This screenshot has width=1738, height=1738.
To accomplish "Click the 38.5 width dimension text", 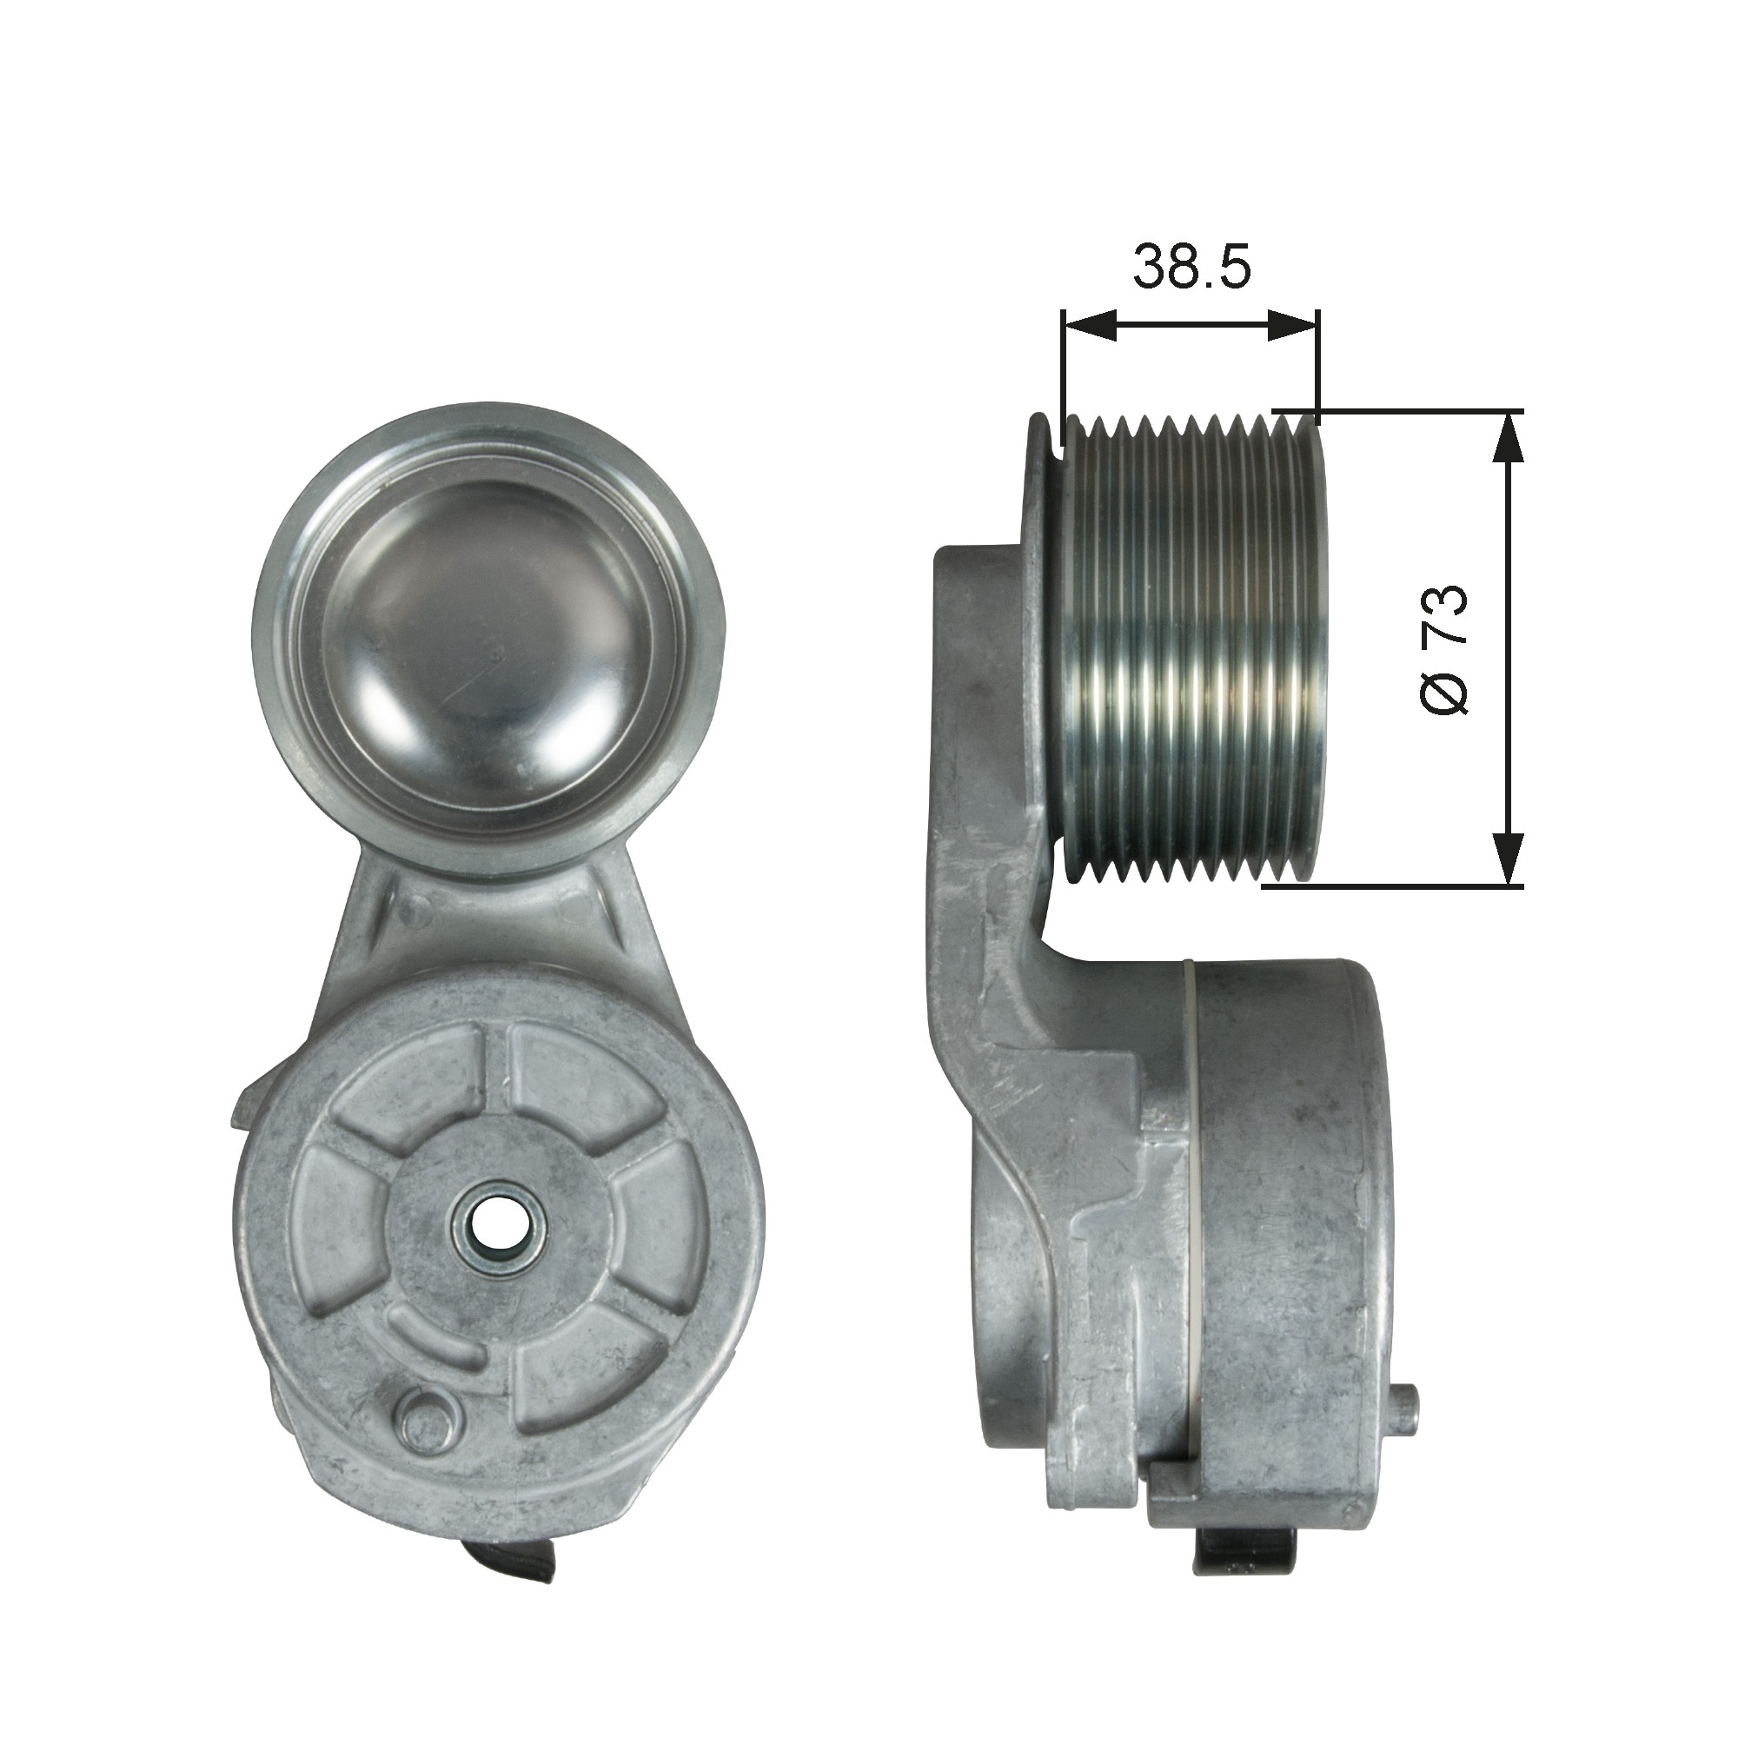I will (x=1191, y=266).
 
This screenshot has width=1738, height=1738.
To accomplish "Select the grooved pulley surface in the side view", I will (x=1187, y=647).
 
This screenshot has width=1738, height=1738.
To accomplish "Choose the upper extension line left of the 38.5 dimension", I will (x=1064, y=378).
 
